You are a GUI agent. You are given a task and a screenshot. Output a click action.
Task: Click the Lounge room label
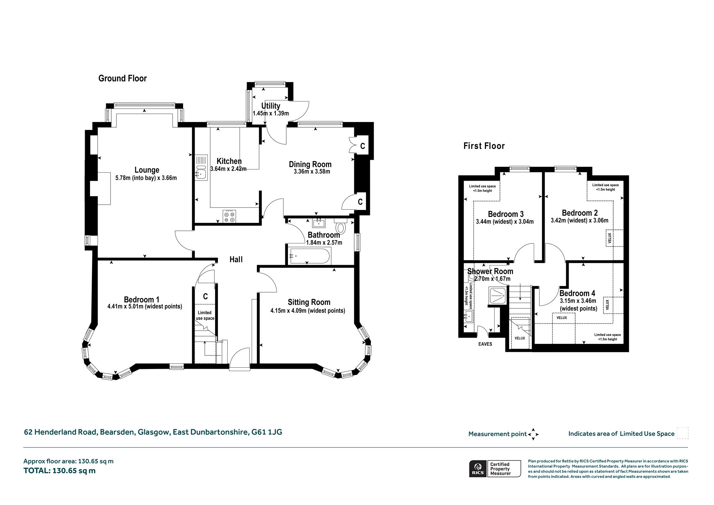pos(147,170)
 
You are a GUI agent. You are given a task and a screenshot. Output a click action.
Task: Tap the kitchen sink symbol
pos(201,168)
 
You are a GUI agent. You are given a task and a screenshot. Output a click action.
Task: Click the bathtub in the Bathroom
pos(309,256)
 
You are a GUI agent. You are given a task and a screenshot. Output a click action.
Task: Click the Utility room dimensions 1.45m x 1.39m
pos(271,113)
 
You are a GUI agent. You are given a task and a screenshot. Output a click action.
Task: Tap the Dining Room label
pos(310,164)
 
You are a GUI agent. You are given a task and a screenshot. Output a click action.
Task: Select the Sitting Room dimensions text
pos(308,311)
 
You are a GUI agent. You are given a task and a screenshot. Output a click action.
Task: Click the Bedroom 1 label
pos(142,300)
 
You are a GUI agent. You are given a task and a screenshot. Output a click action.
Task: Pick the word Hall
pos(236,259)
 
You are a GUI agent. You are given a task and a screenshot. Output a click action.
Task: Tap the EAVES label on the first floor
pos(485,344)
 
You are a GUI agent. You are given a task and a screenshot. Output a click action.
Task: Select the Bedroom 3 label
pos(506,214)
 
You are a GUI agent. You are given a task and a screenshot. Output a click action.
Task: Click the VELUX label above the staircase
pos(519,338)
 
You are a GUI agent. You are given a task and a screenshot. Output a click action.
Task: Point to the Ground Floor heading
pos(122,78)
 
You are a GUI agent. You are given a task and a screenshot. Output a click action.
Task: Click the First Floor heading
pos(484,146)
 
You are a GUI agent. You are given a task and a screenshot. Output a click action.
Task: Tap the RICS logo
pos(478,469)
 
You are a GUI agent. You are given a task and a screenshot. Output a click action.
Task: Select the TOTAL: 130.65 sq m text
pos(59,471)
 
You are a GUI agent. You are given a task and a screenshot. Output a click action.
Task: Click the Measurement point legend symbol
pos(533,434)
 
